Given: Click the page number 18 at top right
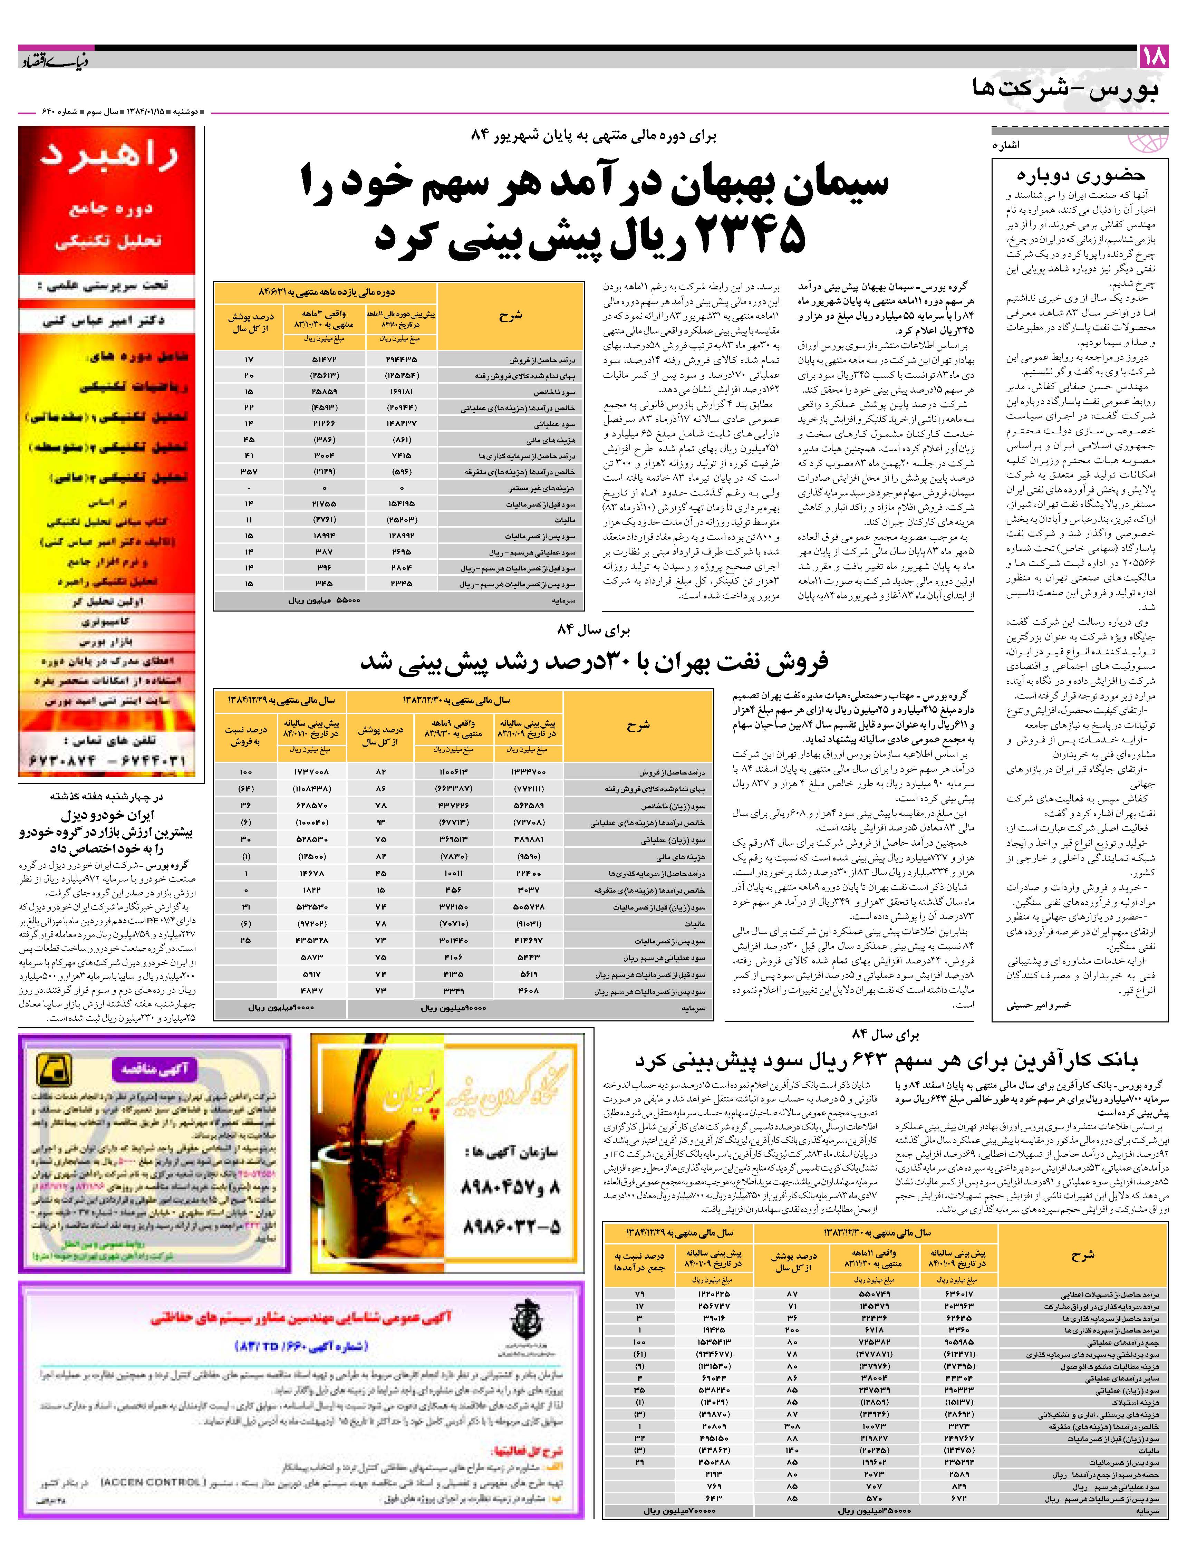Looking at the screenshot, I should pyautogui.click(x=1152, y=57).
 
